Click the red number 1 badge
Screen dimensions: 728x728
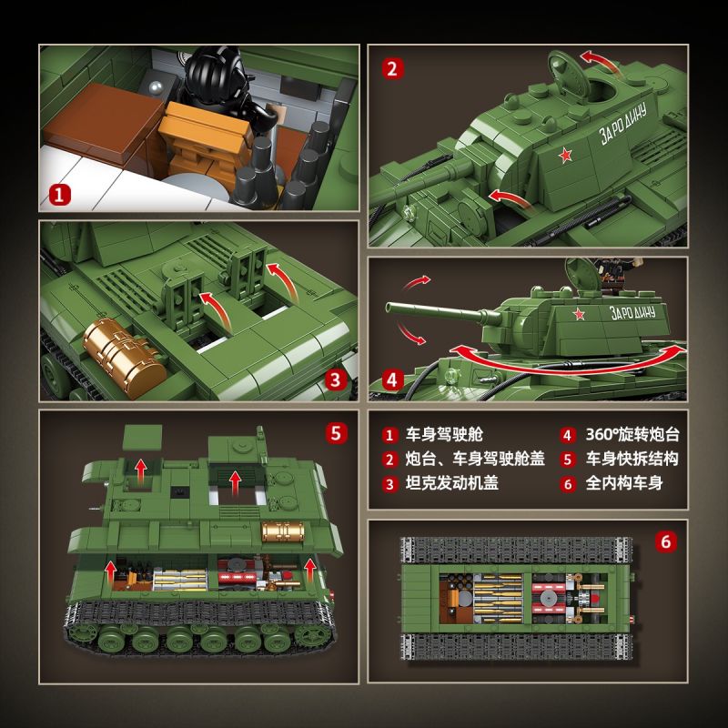59,194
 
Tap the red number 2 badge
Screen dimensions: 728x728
391,67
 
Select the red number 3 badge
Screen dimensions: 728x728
336,380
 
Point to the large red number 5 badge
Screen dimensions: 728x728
336,431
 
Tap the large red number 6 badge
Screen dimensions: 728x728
665,541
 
